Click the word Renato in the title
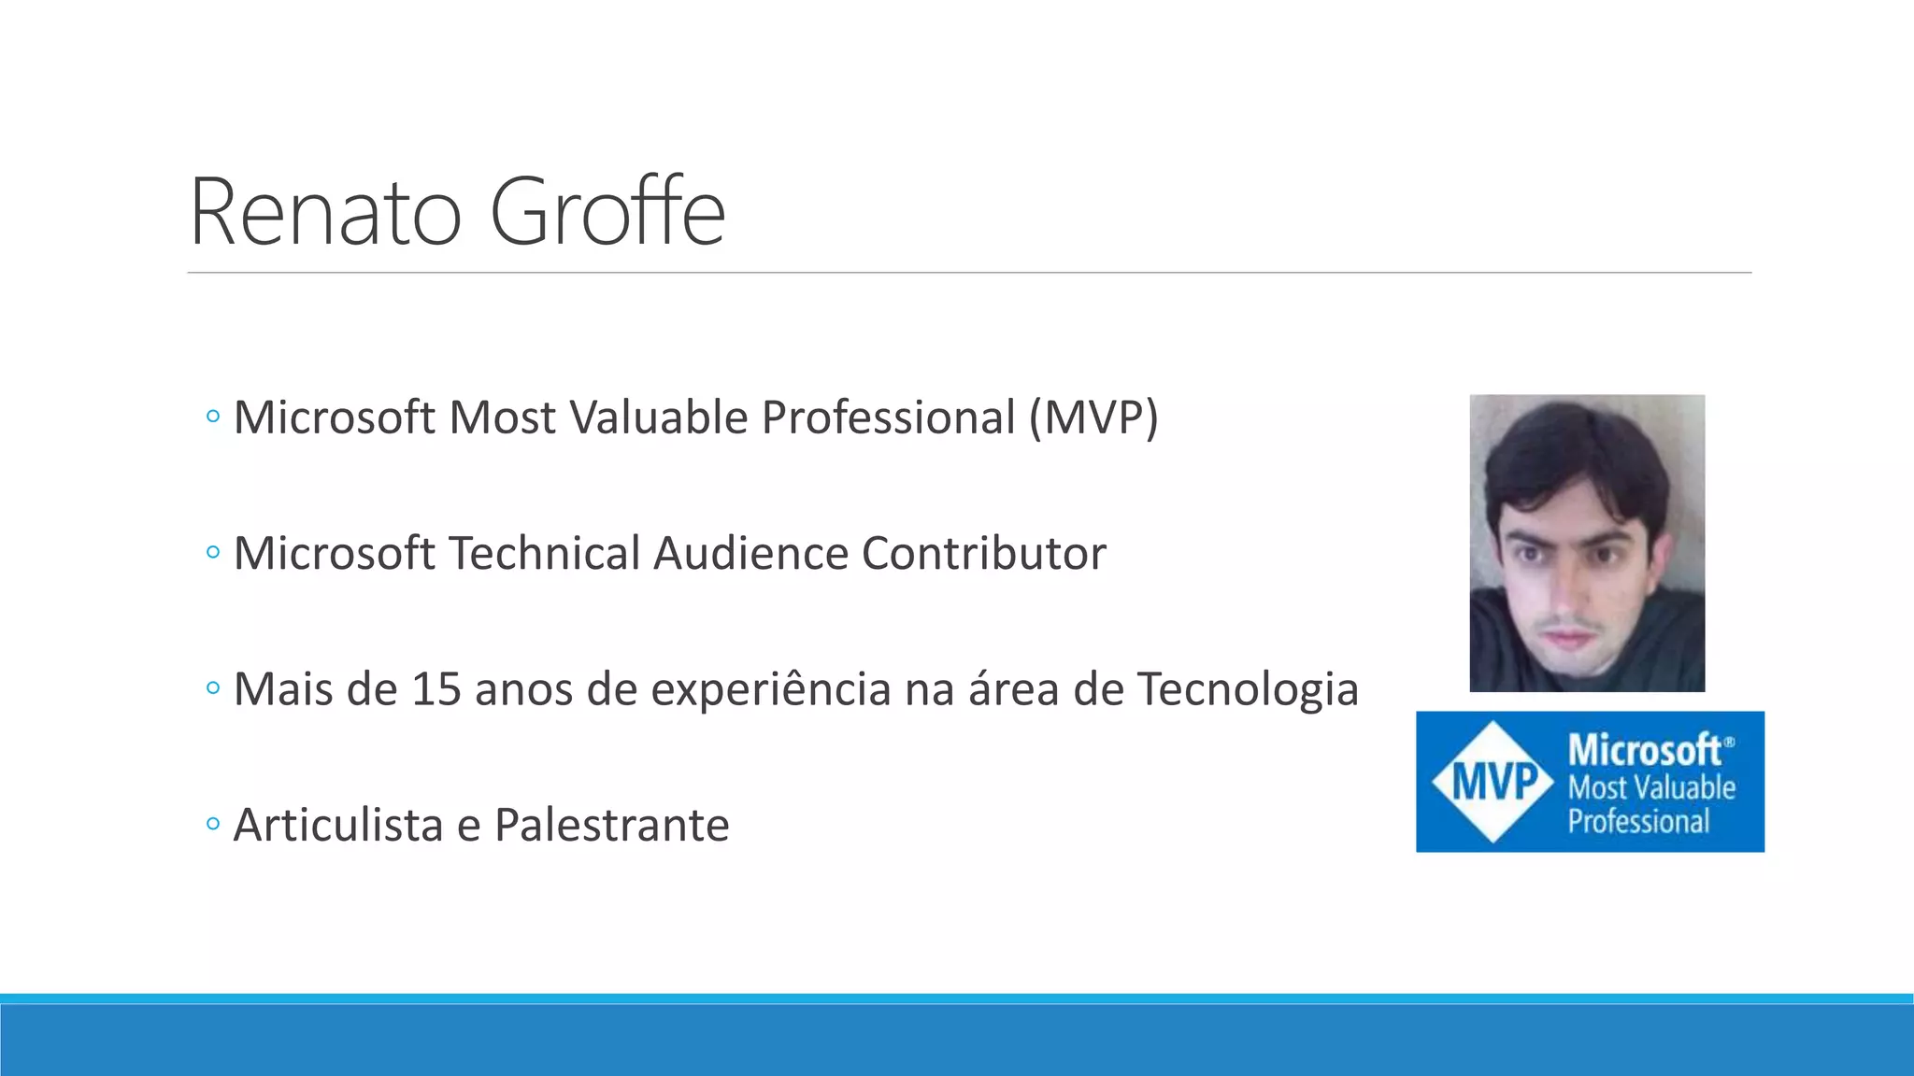click(x=325, y=213)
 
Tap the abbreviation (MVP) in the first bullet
click(x=1093, y=418)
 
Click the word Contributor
click(x=983, y=553)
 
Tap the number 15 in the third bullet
click(x=436, y=689)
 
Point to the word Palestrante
click(x=611, y=826)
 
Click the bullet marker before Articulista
click(x=213, y=825)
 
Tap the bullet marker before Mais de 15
click(x=213, y=689)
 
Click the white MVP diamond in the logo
click(x=1493, y=782)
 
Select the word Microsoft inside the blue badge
click(x=1645, y=749)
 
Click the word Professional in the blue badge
click(x=1638, y=822)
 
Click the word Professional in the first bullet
click(x=888, y=418)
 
